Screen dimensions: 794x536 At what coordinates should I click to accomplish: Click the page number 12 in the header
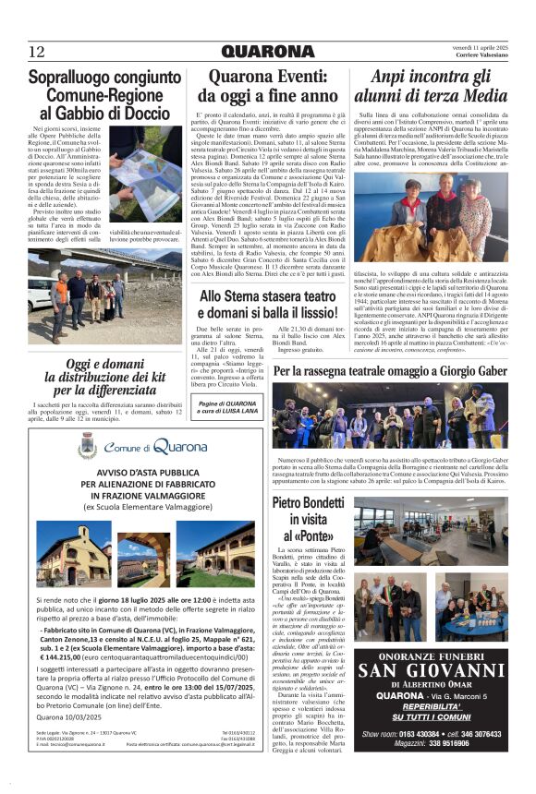click(37, 51)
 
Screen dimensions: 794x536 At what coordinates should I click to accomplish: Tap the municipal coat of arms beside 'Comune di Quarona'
click(88, 447)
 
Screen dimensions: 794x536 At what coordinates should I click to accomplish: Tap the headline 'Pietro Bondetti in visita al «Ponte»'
click(311, 518)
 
